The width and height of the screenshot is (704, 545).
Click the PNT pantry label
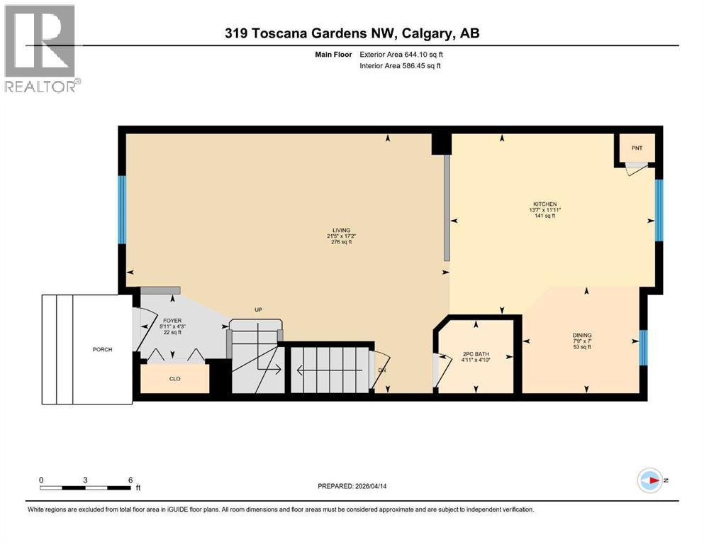pyautogui.click(x=637, y=148)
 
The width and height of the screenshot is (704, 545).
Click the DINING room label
pyautogui.click(x=582, y=335)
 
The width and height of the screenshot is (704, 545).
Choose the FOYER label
pyautogui.click(x=163, y=320)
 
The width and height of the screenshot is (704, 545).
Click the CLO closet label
pyautogui.click(x=174, y=378)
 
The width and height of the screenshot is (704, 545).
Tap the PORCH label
pyautogui.click(x=102, y=349)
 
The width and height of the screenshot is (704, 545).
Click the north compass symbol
pyautogui.click(x=649, y=481)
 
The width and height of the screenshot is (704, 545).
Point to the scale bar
pyautogui.click(x=85, y=488)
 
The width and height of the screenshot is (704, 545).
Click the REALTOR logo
pyautogui.click(x=41, y=48)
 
